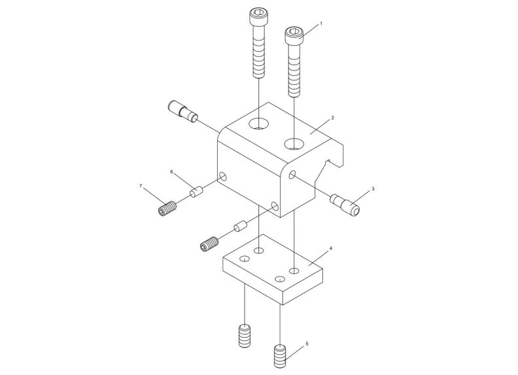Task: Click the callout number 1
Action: (321, 24)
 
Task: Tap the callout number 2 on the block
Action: (332, 118)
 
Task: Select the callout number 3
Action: (373, 189)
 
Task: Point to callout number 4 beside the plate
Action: (331, 249)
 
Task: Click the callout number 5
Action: (307, 343)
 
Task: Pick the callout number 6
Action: (172, 172)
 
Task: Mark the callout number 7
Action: (141, 186)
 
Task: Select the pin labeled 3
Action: (345, 204)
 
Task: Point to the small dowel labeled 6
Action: (197, 192)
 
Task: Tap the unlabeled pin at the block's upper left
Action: (183, 110)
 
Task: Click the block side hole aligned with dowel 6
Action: (223, 176)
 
